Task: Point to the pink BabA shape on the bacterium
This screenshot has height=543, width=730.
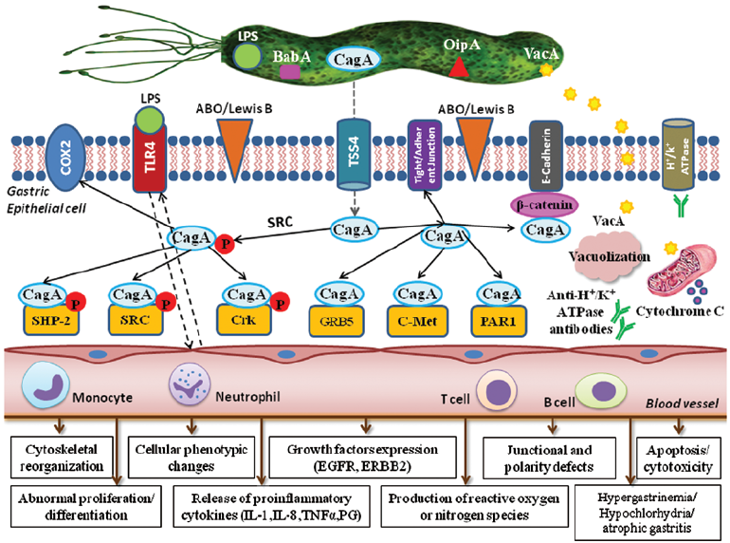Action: click(x=291, y=69)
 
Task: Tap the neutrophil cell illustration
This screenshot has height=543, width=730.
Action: click(x=186, y=389)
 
